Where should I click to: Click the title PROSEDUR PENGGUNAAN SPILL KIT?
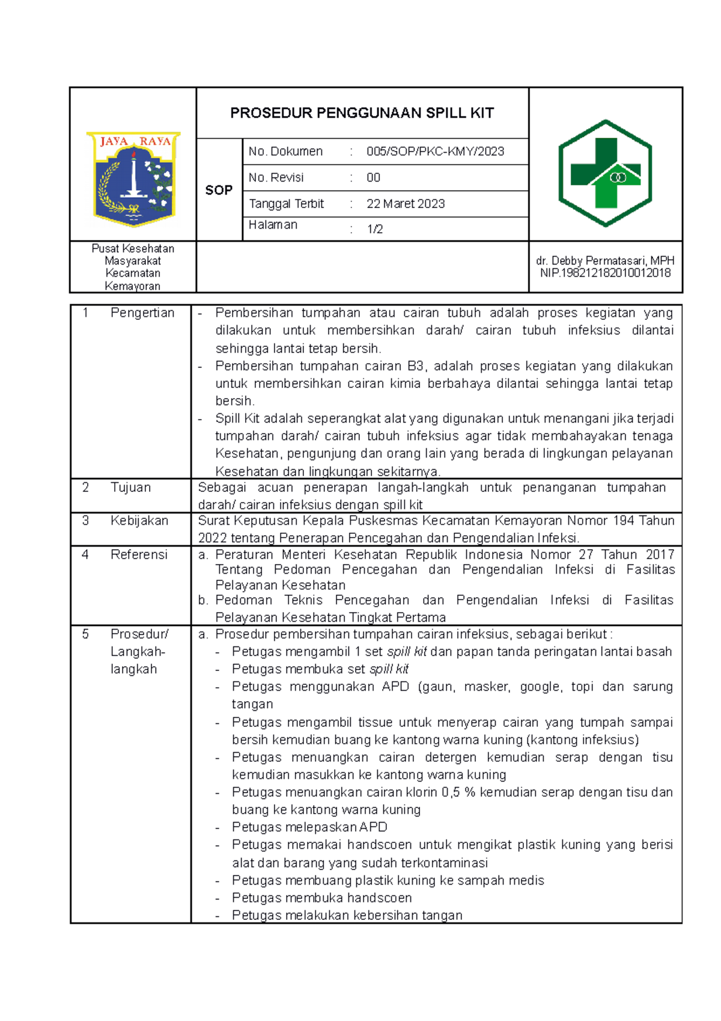[x=362, y=113]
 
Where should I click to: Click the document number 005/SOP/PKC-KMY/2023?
[x=435, y=152]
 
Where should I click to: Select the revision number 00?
[x=373, y=177]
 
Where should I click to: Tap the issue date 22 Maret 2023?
[x=406, y=204]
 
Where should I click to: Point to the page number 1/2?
[x=375, y=229]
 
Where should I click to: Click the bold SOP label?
[x=219, y=190]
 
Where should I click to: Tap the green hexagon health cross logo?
[x=605, y=173]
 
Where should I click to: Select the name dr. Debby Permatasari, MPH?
[x=605, y=260]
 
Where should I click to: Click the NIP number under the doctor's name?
[x=605, y=273]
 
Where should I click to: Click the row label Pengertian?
[x=142, y=313]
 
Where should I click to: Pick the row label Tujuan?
[x=130, y=487]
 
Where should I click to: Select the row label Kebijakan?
[x=139, y=521]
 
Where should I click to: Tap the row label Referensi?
[x=139, y=554]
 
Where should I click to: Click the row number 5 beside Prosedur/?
[x=85, y=634]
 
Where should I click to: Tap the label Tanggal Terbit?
[x=286, y=204]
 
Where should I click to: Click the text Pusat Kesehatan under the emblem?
[x=133, y=248]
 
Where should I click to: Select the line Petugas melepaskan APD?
[x=309, y=827]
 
